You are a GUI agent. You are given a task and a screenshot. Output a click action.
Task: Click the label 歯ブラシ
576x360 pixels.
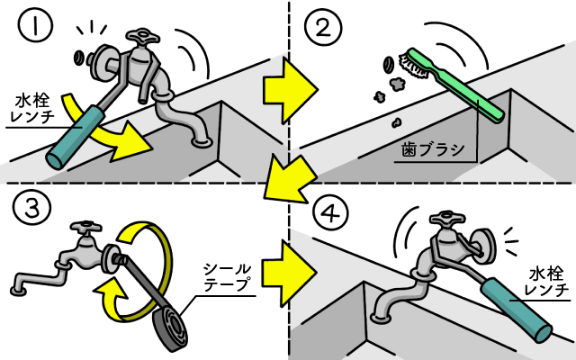click(x=431, y=148)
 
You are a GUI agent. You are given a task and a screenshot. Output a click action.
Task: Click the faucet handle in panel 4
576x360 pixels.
click(x=445, y=219)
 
